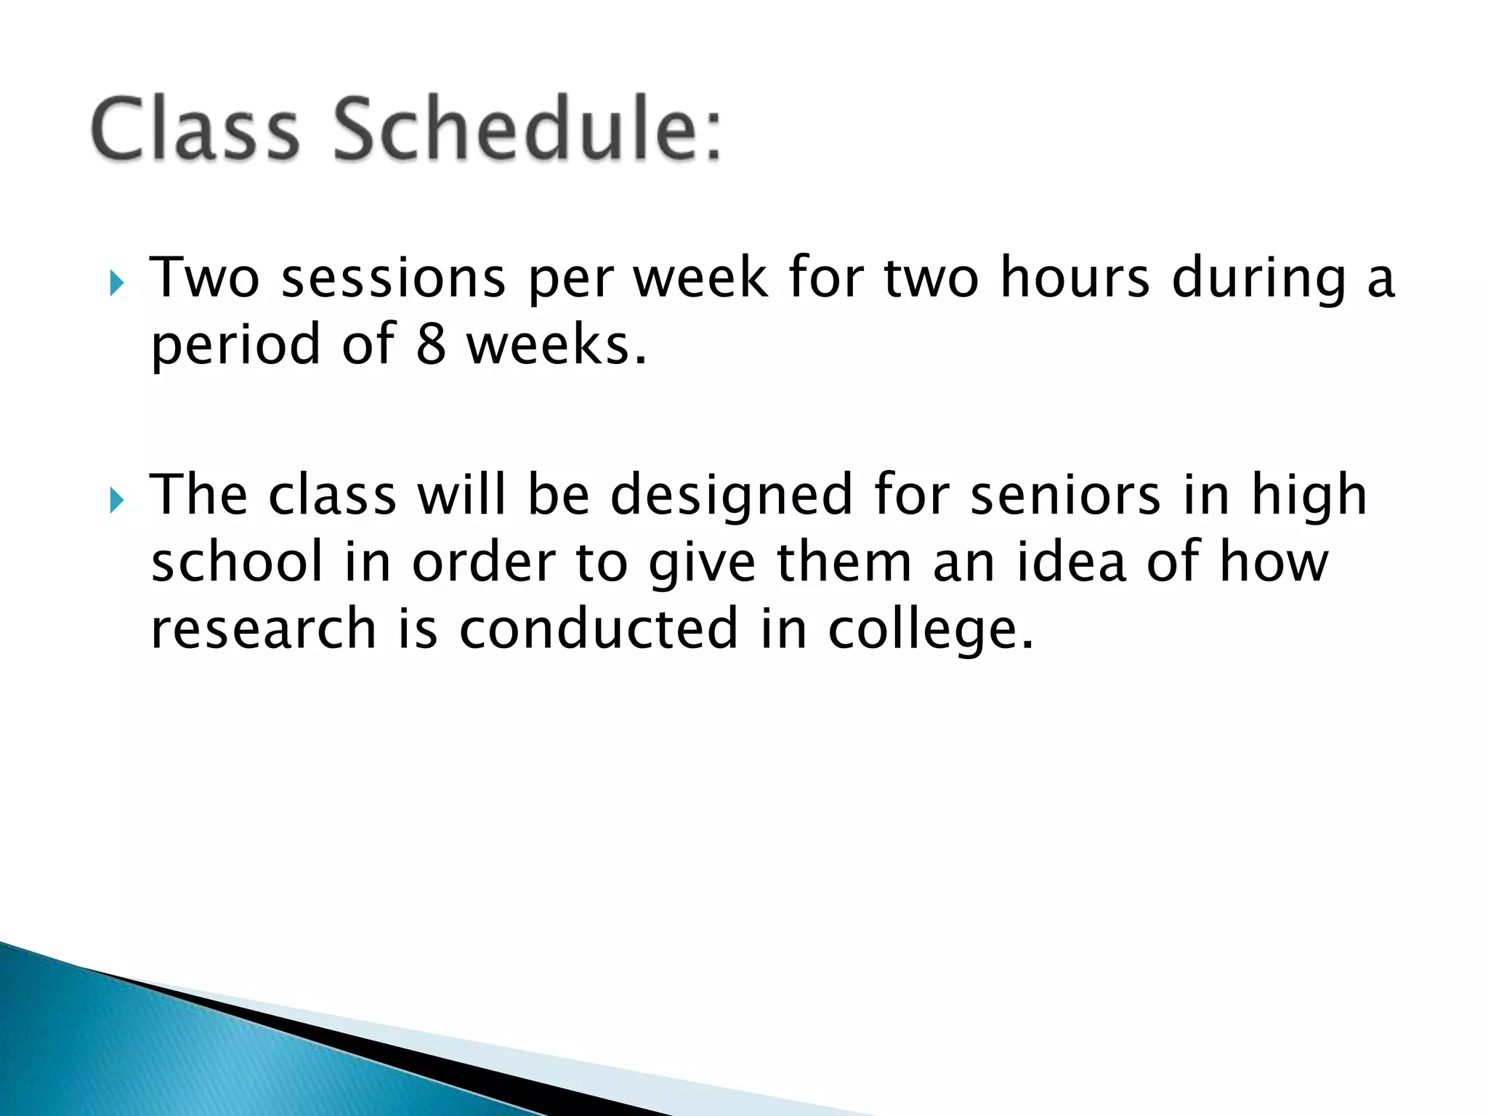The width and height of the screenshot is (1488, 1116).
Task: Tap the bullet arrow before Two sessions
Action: [x=116, y=283]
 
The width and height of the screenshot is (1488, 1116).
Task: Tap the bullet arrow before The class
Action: [x=116, y=500]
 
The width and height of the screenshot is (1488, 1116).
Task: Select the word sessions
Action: [x=393, y=280]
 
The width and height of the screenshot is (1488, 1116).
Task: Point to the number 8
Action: [x=430, y=344]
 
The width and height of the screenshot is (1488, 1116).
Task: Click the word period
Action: [x=235, y=344]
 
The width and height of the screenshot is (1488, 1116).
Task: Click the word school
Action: [x=237, y=562]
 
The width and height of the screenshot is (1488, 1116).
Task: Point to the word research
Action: [x=263, y=629]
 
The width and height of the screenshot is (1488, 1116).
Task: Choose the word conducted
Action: [x=598, y=629]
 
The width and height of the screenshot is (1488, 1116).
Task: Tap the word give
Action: [x=702, y=564]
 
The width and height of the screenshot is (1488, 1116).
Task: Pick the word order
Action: [x=484, y=562]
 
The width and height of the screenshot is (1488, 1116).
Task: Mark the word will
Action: [x=461, y=496]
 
